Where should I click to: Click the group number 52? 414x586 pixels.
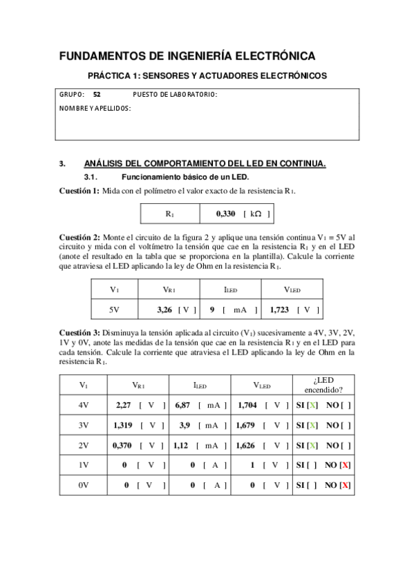[97, 95]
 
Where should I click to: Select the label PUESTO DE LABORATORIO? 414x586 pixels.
[174, 95]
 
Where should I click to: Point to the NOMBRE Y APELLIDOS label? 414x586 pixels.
[95, 108]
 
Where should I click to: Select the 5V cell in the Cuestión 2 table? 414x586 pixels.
[115, 310]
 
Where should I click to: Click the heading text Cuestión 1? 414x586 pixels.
[79, 191]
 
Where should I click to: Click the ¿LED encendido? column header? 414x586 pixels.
[323, 385]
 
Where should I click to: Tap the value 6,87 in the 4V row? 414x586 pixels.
[182, 406]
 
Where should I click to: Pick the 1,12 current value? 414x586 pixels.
[181, 446]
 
